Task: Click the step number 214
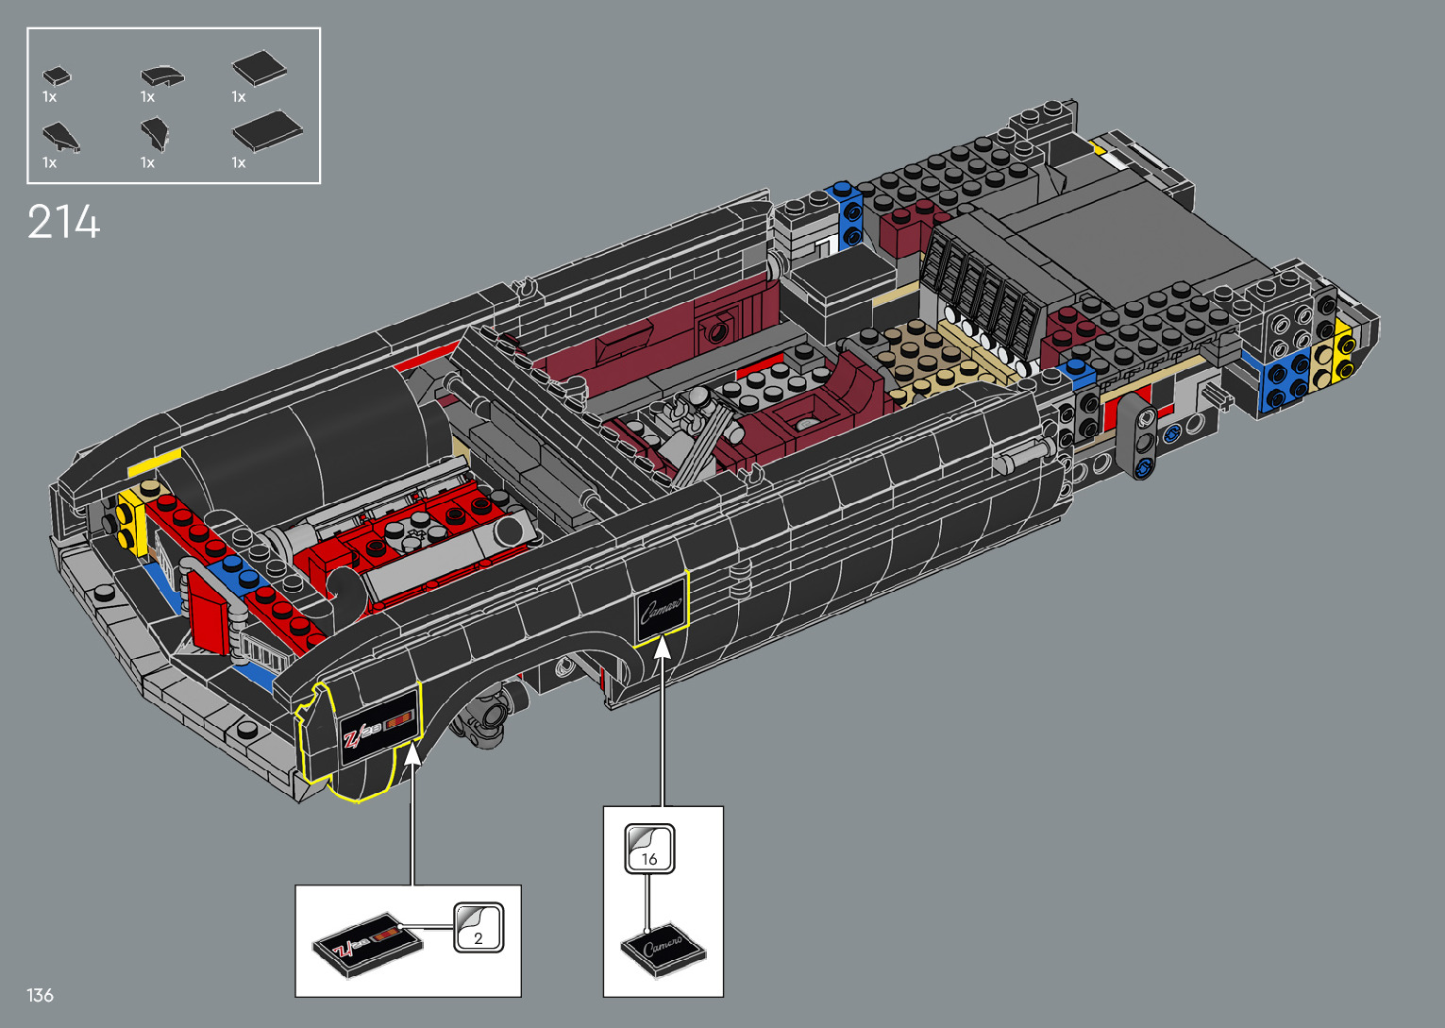(63, 222)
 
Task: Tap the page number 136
(40, 995)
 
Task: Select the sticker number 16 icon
(649, 849)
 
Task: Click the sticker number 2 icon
(479, 927)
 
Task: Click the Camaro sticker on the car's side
(661, 610)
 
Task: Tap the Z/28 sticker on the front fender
(378, 728)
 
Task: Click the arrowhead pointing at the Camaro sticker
(663, 648)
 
